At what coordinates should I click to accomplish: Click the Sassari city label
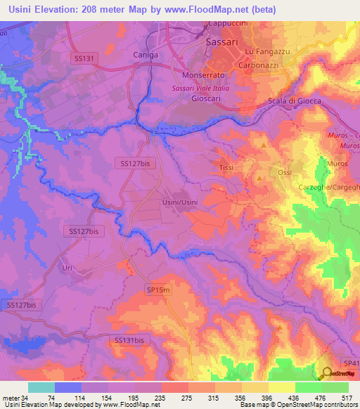[223, 42]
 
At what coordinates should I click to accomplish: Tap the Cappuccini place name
[226, 23]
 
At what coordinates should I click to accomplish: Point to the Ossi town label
[284, 173]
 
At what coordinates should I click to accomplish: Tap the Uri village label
[67, 268]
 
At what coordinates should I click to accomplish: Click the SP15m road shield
[158, 289]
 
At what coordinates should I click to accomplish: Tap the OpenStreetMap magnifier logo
[327, 374]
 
